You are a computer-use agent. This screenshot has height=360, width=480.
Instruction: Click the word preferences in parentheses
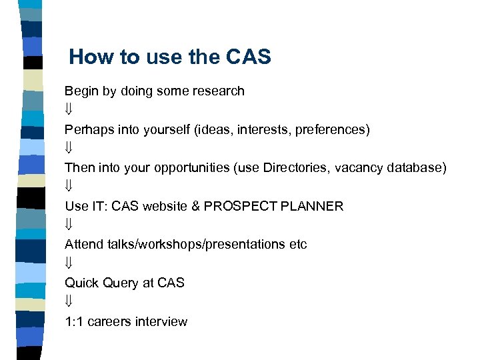330,129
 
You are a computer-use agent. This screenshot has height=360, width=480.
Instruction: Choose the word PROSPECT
241,206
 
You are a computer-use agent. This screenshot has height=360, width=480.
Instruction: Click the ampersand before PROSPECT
195,206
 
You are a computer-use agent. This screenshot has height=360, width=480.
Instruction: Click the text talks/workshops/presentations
196,245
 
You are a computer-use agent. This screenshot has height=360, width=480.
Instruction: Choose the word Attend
84,245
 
